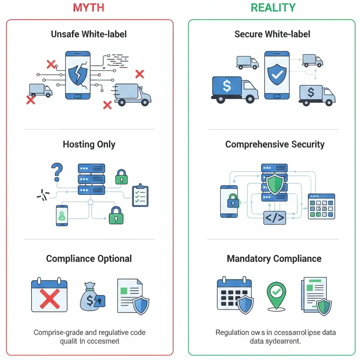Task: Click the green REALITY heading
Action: click(273, 7)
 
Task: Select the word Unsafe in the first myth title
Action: click(65, 34)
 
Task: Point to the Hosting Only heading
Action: click(89, 145)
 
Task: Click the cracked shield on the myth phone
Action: click(78, 75)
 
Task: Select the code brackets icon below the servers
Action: click(275, 218)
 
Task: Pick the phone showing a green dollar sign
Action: click(62, 215)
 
